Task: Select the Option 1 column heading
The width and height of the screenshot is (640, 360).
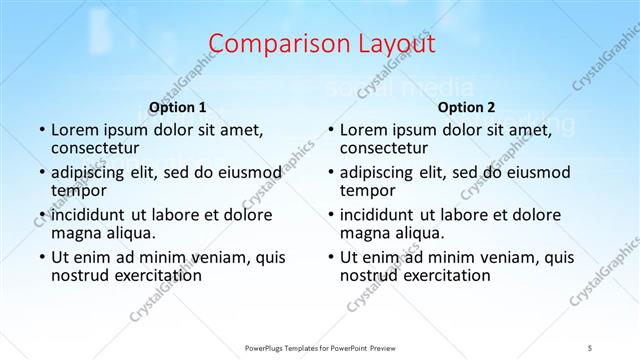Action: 178,107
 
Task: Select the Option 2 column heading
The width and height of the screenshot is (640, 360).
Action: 466,107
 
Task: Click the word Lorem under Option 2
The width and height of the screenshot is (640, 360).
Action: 364,130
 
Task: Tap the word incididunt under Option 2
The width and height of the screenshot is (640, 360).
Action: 376,214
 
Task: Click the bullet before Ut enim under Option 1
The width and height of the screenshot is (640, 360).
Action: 41,257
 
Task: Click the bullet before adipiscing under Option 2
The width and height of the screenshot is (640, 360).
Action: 330,173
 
